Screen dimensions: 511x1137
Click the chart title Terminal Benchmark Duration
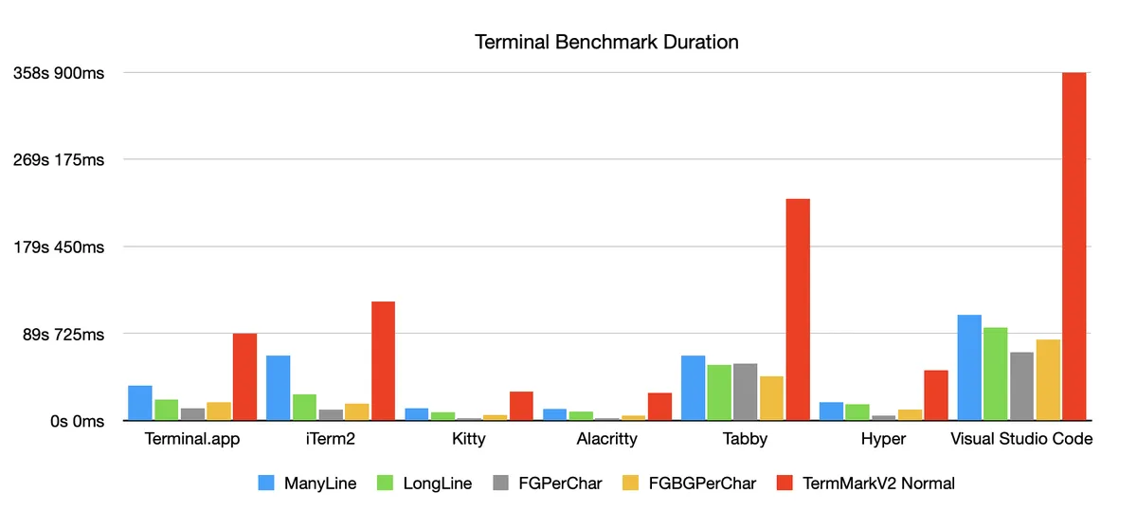(605, 43)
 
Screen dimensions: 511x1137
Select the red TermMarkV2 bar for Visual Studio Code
(1074, 246)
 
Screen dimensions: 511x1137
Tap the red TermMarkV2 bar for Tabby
(798, 309)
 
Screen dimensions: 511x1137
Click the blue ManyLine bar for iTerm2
(279, 388)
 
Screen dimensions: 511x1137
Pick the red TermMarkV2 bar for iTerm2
(383, 361)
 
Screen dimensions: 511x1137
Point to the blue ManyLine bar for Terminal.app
(140, 403)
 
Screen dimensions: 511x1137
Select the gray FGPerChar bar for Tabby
(745, 392)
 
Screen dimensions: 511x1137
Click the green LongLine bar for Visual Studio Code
(995, 374)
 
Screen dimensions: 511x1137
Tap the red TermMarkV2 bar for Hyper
(936, 395)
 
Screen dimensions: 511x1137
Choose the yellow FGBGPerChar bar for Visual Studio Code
(1048, 379)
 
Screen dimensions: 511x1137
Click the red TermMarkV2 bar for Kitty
(521, 406)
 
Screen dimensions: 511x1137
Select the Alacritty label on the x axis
(606, 439)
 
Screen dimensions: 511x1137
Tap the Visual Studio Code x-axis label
(1021, 439)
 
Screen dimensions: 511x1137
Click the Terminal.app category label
(192, 439)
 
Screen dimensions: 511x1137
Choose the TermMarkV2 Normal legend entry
(876, 484)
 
